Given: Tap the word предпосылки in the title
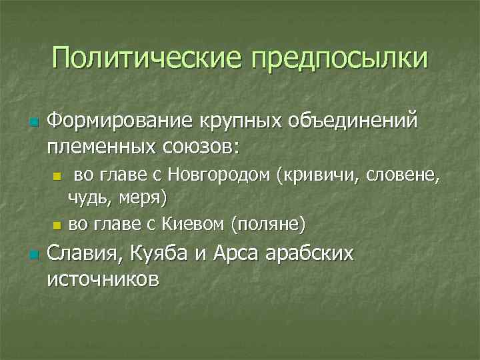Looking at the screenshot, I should coord(339,59).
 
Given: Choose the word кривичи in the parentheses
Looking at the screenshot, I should coord(309,177).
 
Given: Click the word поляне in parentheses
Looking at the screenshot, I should coord(268,223).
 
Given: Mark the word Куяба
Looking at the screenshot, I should coord(168,254).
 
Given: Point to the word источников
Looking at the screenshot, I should coord(103,278).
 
